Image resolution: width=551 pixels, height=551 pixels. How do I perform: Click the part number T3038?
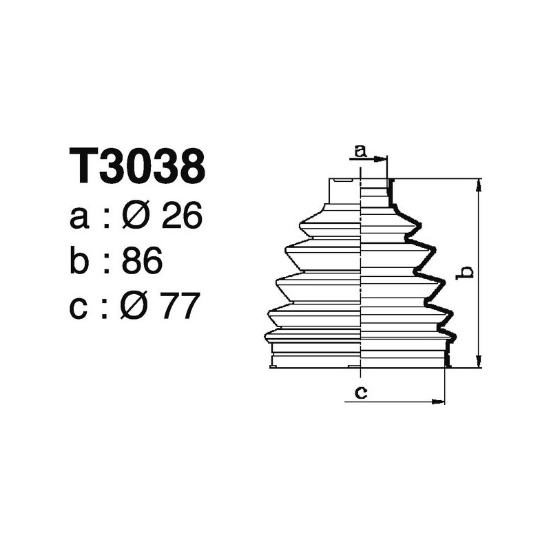pos(138,166)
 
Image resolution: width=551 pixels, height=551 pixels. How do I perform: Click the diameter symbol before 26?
pos(136,218)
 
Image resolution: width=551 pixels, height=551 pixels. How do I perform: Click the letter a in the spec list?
pos(80,219)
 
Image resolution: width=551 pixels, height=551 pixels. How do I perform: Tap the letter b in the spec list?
pos(81,262)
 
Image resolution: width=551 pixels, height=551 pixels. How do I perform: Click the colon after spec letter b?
pos(106,264)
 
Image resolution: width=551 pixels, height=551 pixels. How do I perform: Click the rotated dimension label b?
pos(466,273)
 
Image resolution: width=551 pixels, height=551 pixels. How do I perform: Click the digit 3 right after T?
pos(114,166)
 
